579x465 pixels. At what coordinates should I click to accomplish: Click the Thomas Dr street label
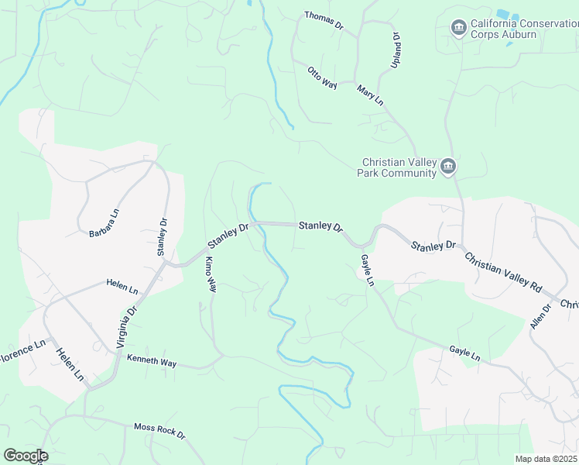[x=324, y=21]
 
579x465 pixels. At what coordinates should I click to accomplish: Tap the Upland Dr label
[x=395, y=50]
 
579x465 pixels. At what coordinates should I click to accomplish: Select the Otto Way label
[x=322, y=78]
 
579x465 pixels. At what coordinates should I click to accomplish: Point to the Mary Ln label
[x=370, y=96]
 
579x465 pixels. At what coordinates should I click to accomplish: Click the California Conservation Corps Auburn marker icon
[x=458, y=29]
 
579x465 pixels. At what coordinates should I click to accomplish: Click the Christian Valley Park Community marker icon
[x=447, y=167]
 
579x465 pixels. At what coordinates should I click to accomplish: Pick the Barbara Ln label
[x=104, y=223]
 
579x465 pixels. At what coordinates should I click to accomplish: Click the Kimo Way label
[x=209, y=275]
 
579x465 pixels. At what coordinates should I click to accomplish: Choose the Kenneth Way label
[x=152, y=361]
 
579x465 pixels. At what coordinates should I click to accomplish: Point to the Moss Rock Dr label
[x=159, y=431]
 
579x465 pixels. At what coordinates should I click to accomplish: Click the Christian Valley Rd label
[x=503, y=270]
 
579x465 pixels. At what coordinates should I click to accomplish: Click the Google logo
[x=26, y=456]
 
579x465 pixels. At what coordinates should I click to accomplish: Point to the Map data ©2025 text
[x=546, y=459]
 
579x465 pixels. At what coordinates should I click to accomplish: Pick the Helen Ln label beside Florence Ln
[x=69, y=364]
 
